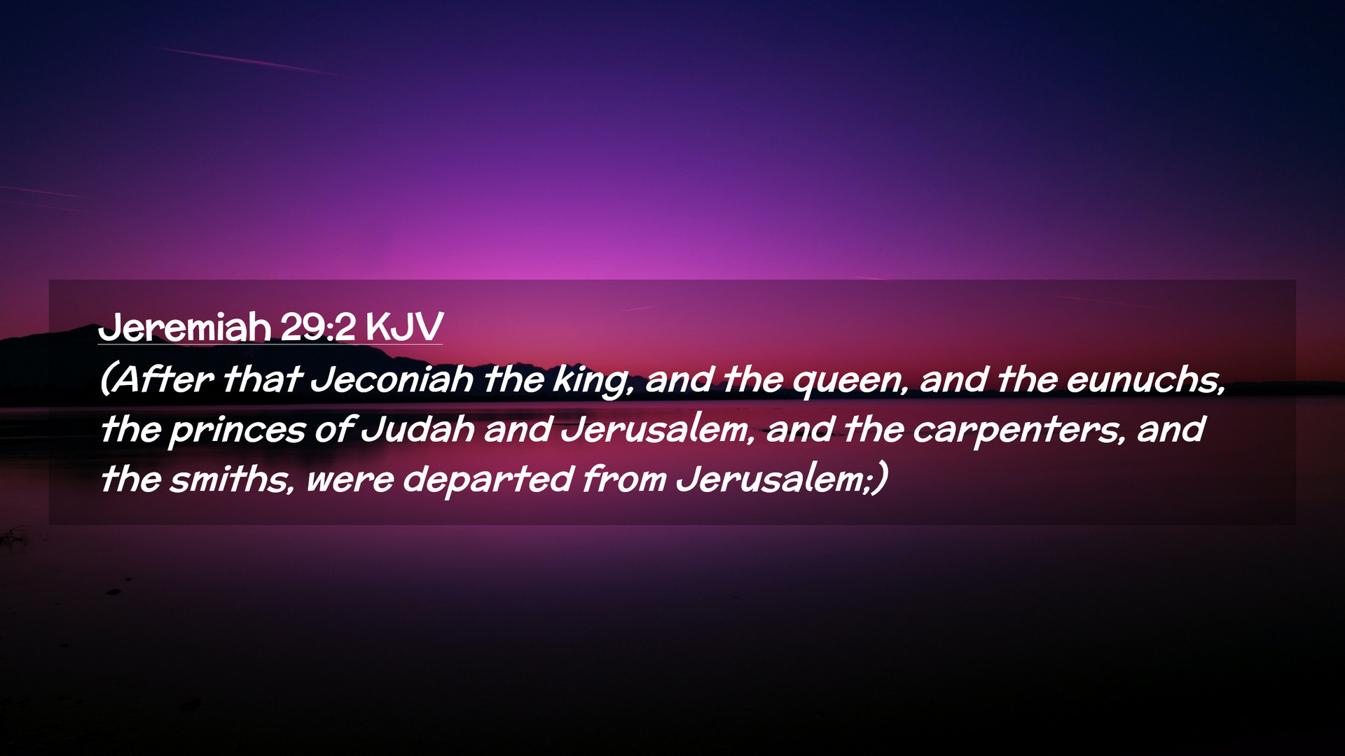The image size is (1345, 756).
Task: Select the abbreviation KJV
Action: pyautogui.click(x=404, y=327)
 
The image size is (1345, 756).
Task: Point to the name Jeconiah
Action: pyautogui.click(x=391, y=379)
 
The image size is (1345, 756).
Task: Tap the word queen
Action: pyautogui.click(x=850, y=382)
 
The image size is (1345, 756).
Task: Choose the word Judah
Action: pyautogui.click(x=418, y=429)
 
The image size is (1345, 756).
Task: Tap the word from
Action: pyautogui.click(x=624, y=479)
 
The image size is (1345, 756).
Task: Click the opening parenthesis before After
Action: pyautogui.click(x=106, y=380)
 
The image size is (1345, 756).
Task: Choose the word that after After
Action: pyautogui.click(x=262, y=379)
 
